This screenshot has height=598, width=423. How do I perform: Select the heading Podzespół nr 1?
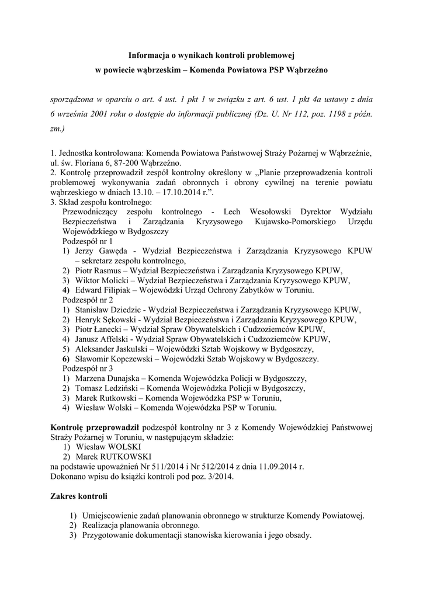coord(87,241)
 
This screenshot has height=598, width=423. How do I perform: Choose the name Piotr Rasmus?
coord(98,270)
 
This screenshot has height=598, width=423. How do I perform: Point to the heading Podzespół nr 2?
coord(87,300)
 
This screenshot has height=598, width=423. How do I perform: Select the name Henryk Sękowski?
coord(109,320)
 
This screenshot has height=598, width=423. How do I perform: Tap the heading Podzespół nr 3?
coord(87,369)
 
